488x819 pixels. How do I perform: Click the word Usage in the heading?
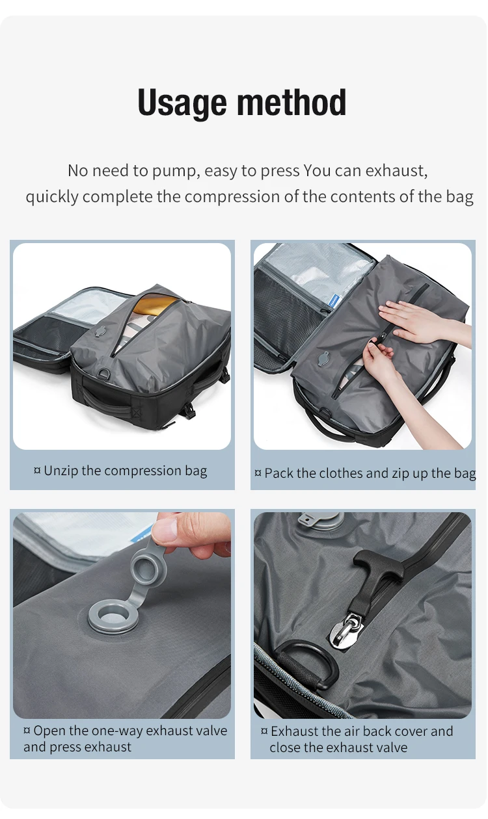coord(183,103)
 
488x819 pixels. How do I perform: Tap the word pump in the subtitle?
coord(176,172)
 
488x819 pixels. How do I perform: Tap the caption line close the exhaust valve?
coord(338,747)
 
